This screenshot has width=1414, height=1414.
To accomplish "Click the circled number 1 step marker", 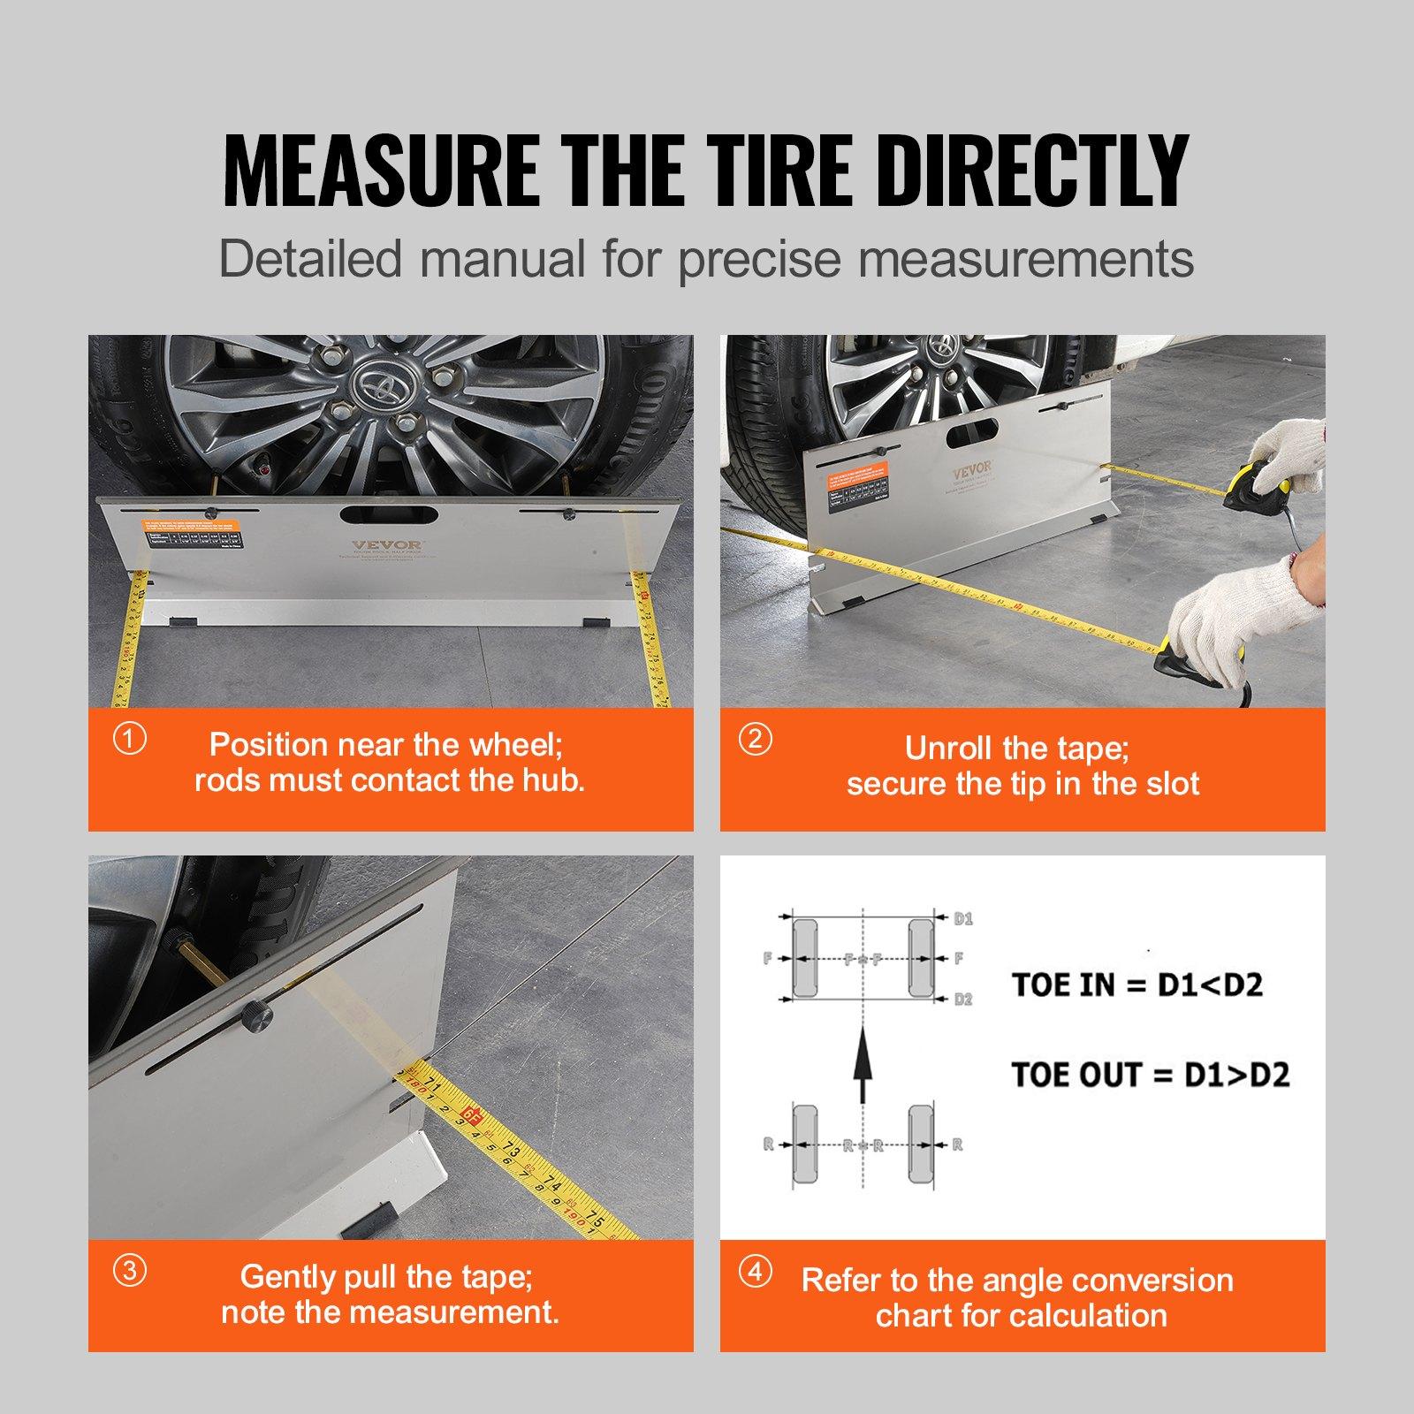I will [x=131, y=738].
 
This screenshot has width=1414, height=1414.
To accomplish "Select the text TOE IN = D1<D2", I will [x=1137, y=984].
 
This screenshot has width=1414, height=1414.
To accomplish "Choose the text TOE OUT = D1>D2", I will [x=1150, y=1075].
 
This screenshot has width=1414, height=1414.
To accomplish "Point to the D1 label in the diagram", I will [x=963, y=919].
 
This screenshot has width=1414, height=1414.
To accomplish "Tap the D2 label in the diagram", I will [x=963, y=999].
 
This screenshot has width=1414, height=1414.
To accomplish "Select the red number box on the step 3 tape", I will [x=473, y=1118].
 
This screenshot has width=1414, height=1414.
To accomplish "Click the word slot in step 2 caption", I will [x=1172, y=784].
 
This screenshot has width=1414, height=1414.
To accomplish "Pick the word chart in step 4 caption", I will [x=916, y=1316].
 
